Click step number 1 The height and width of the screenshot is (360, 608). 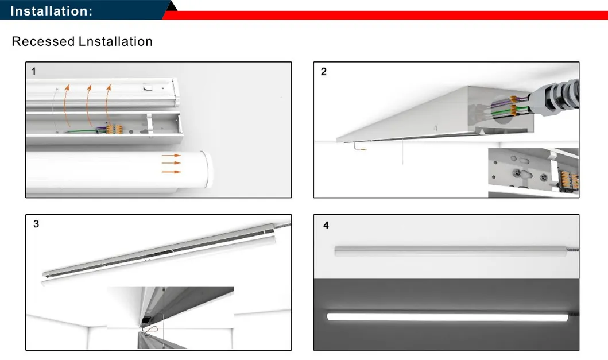(33, 71)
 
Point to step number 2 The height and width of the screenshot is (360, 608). (324, 72)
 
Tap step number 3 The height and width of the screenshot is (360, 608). (36, 224)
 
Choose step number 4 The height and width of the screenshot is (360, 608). (326, 226)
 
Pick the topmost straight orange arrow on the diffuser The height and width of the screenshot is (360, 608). (171, 156)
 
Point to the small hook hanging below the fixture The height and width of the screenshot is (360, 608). (359, 148)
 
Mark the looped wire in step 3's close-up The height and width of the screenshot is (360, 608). (152, 330)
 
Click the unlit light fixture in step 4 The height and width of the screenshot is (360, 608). (451, 251)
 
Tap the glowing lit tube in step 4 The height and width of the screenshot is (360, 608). (448, 316)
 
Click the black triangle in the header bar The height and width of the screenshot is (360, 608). (171, 6)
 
